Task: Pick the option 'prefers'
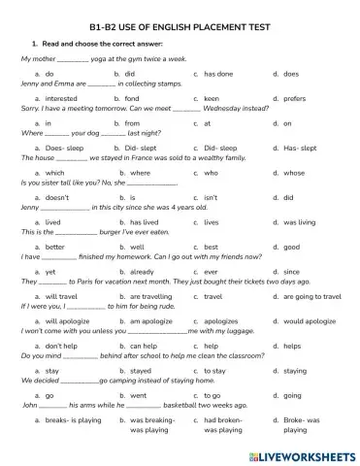(x=294, y=98)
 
